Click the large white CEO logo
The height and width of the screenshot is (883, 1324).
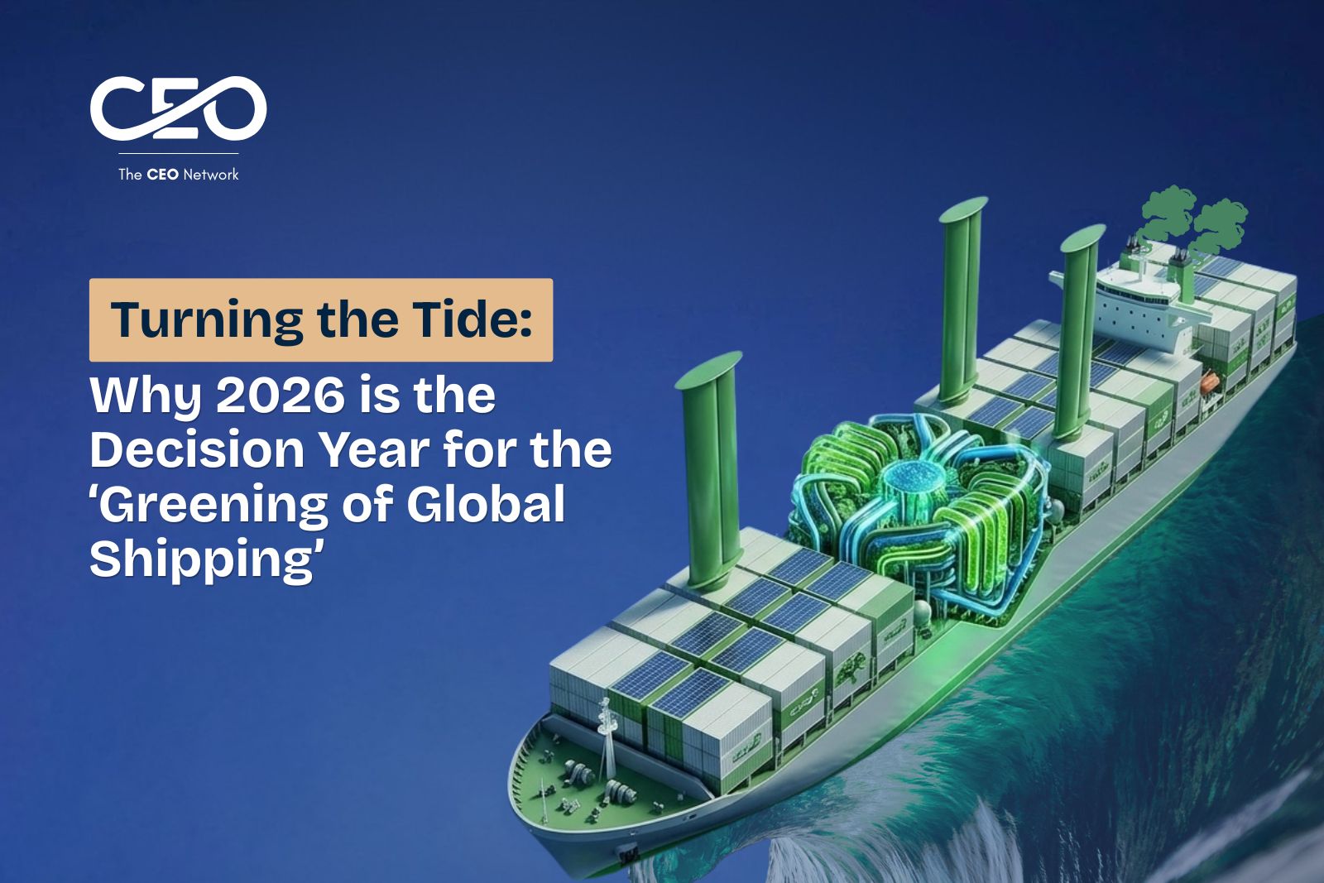178,108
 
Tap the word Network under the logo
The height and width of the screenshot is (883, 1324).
211,175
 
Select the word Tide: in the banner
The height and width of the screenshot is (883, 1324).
473,319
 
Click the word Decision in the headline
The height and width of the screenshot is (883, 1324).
197,449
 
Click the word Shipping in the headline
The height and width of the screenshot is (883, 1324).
204,561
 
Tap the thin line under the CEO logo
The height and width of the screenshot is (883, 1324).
179,154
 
